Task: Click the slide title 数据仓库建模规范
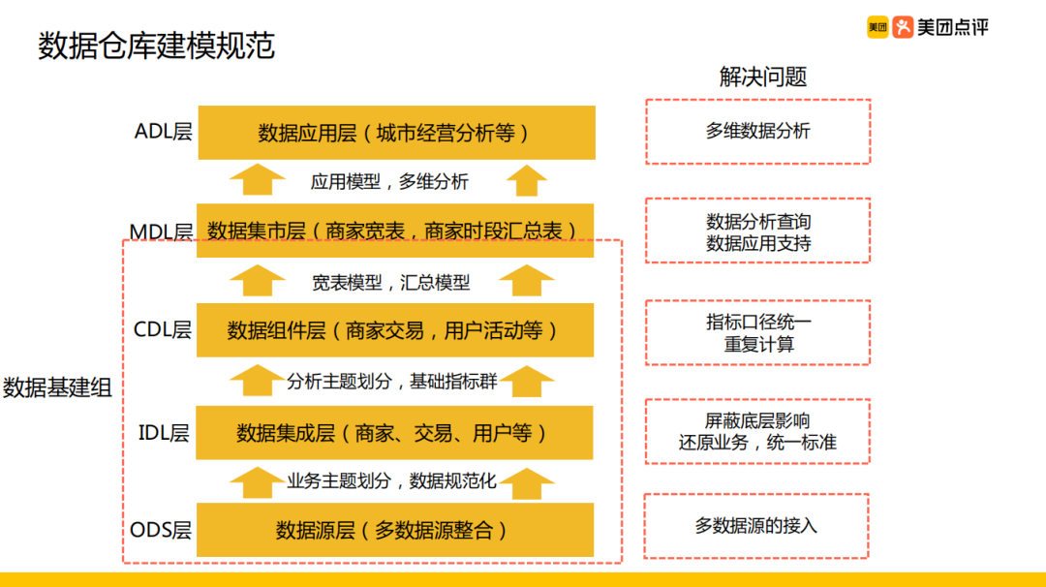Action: [157, 46]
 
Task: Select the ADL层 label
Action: [164, 132]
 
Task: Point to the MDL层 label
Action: [161, 232]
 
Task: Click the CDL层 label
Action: [163, 329]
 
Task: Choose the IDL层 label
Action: [164, 432]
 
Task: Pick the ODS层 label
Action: [161, 530]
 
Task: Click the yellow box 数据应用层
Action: [396, 133]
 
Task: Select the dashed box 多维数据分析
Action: [757, 131]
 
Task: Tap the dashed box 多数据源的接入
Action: [756, 526]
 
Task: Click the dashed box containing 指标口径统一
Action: [758, 332]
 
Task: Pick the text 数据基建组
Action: [58, 388]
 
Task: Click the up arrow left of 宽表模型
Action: [257, 280]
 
